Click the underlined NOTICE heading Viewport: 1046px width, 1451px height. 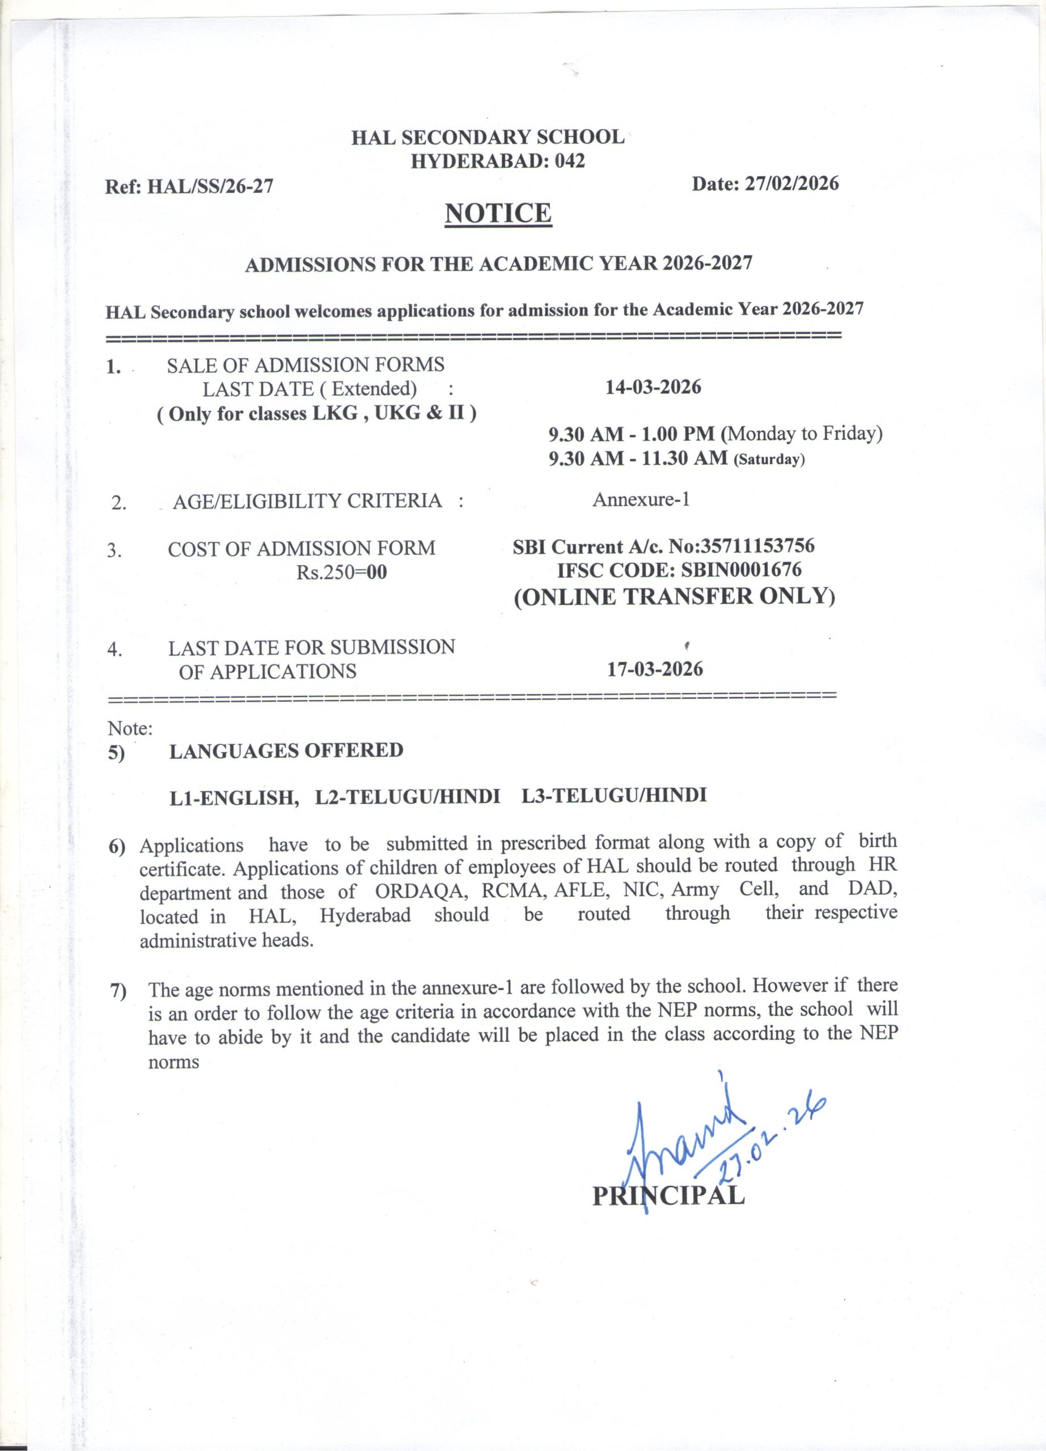pyautogui.click(x=498, y=213)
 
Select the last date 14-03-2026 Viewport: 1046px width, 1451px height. pyautogui.click(x=653, y=387)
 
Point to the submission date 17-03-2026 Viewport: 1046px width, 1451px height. pyautogui.click(x=654, y=669)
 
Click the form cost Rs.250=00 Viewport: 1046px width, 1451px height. pyautogui.click(x=342, y=572)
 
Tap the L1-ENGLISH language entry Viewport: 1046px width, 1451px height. pyautogui.click(x=234, y=798)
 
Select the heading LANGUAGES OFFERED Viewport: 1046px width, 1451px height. pyautogui.click(x=286, y=750)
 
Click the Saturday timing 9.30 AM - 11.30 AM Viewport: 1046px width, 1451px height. pyautogui.click(x=638, y=457)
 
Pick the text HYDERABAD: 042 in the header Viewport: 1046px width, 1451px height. pyautogui.click(x=497, y=160)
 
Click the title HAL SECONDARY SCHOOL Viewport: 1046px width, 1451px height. pyautogui.click(x=488, y=137)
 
